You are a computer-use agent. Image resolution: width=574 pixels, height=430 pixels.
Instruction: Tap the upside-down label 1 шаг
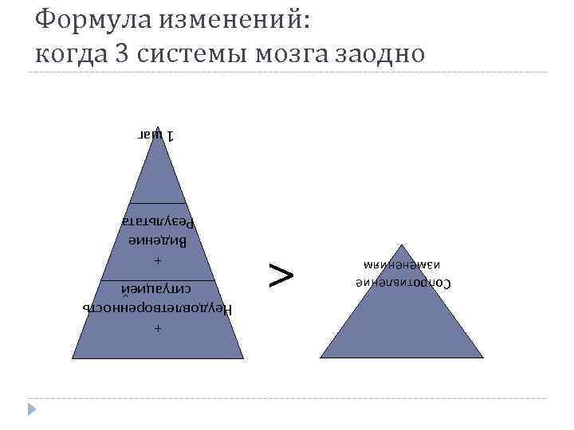point(159,135)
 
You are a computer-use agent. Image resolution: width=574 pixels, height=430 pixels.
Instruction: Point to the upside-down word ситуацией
point(158,288)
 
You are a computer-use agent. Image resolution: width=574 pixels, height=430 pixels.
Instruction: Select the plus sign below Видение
point(158,261)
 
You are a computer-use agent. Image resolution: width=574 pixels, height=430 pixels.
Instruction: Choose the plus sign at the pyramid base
point(158,328)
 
